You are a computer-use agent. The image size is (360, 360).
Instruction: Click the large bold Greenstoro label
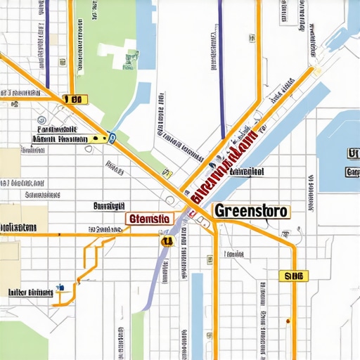click(x=251, y=210)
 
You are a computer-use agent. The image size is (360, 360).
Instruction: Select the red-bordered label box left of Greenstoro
click(x=149, y=219)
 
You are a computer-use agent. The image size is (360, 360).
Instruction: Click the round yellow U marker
click(x=167, y=240)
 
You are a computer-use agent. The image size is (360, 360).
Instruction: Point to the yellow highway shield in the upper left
click(x=73, y=100)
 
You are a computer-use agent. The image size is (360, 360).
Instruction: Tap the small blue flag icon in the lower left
click(x=62, y=287)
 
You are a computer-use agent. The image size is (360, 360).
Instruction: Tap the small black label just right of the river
click(x=246, y=171)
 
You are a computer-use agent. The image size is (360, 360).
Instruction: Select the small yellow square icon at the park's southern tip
click(x=167, y=171)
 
